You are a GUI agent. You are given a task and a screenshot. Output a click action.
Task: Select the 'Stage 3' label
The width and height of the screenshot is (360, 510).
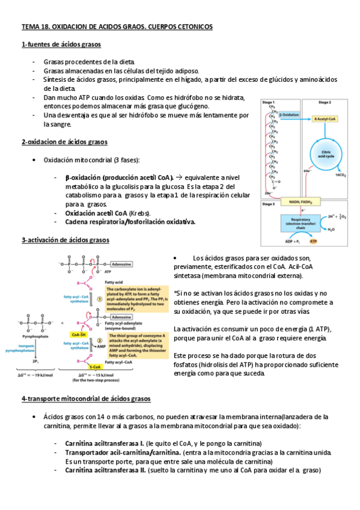click(269, 204)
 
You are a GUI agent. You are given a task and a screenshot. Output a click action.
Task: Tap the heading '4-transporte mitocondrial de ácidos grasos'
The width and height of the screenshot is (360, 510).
click(86, 399)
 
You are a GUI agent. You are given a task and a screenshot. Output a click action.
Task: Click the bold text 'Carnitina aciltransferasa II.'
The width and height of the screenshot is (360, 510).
click(105, 470)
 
